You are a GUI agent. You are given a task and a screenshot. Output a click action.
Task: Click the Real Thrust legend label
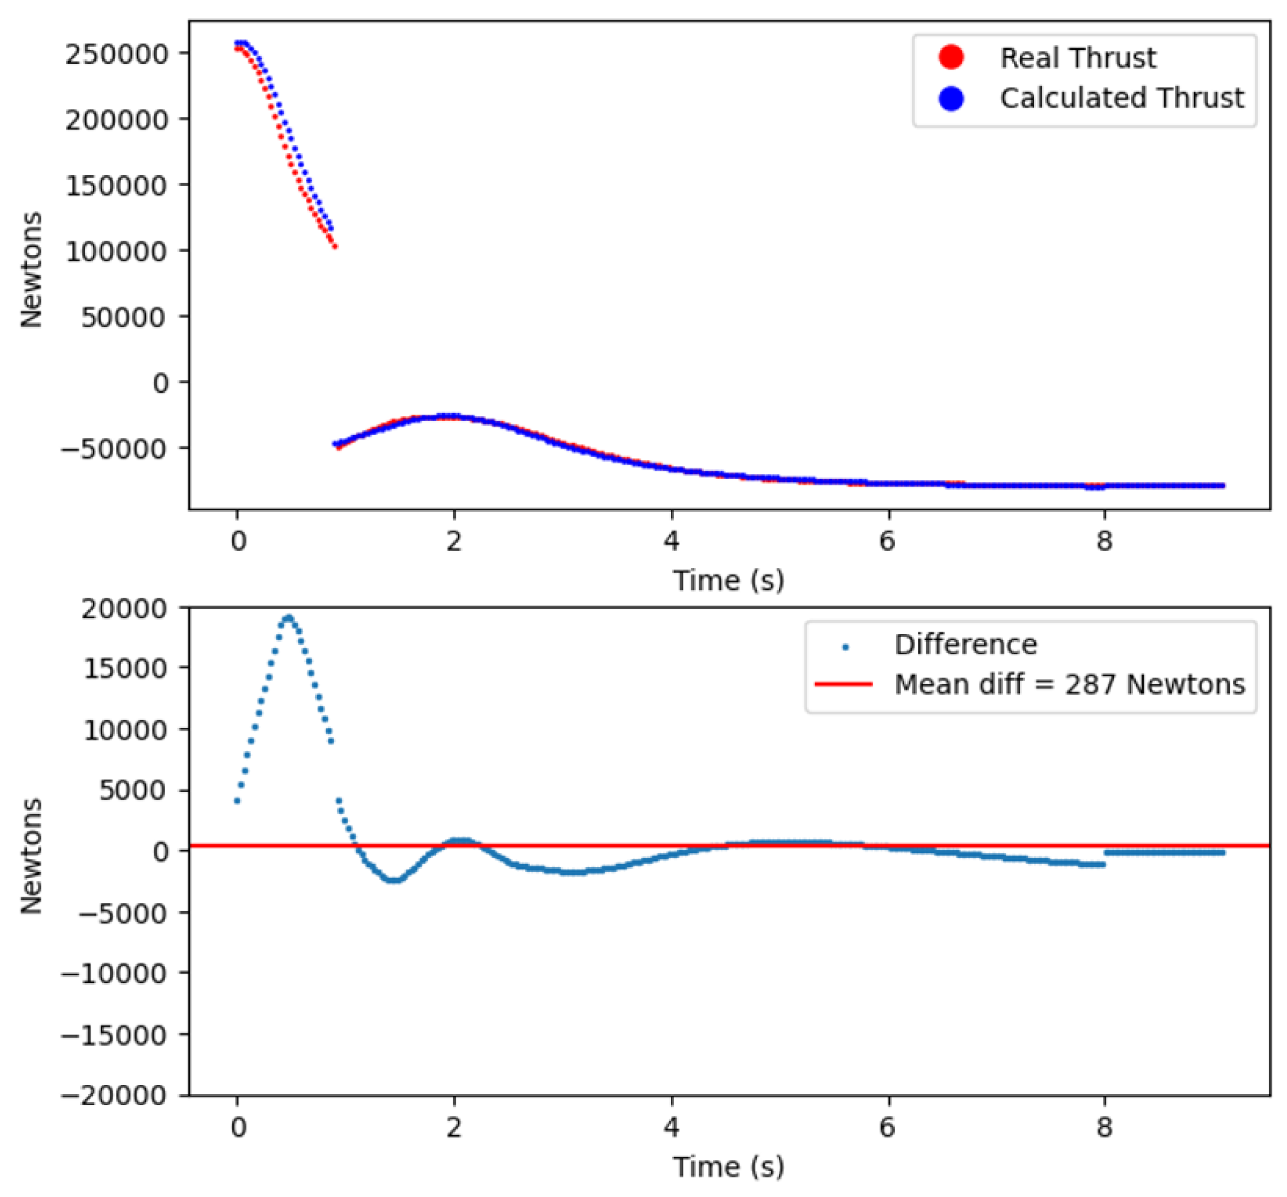pyautogui.click(x=1077, y=58)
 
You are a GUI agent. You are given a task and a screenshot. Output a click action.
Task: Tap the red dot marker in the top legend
pyautogui.click(x=950, y=58)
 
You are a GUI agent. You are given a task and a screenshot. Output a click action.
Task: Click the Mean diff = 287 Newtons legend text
pyautogui.click(x=1069, y=684)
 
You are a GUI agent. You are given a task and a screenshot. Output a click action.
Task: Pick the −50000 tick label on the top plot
pyautogui.click(x=113, y=448)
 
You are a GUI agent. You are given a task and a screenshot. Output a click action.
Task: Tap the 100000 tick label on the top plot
pyautogui.click(x=116, y=251)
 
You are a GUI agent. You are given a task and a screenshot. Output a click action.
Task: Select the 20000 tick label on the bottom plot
pyautogui.click(x=124, y=609)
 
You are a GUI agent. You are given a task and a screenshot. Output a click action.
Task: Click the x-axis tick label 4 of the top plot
pyautogui.click(x=671, y=541)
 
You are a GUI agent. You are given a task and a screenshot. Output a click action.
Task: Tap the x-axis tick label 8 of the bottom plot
pyautogui.click(x=1104, y=1127)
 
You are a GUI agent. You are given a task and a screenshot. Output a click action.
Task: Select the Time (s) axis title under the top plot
pyautogui.click(x=728, y=580)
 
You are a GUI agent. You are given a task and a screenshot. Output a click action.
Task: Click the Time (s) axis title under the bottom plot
pyautogui.click(x=728, y=1167)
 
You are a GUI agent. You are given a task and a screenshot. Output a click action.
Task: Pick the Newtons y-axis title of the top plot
pyautogui.click(x=31, y=269)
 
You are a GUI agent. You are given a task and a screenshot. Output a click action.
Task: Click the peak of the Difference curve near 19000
pyautogui.click(x=288, y=618)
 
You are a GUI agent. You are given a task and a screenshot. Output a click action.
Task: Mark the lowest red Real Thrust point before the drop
pyautogui.click(x=335, y=246)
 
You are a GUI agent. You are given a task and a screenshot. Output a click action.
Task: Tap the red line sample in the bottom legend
pyautogui.click(x=843, y=684)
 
